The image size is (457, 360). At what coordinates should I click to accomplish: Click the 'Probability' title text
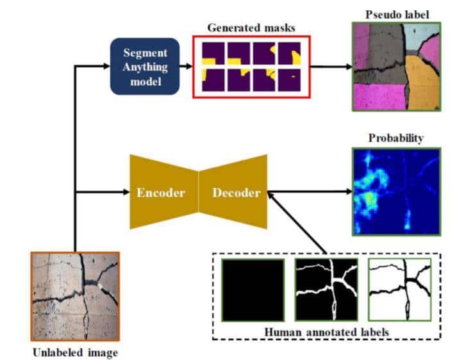[395, 138]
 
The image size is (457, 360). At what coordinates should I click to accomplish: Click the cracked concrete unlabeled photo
[76, 295]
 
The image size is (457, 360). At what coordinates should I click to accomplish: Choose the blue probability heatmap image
[395, 191]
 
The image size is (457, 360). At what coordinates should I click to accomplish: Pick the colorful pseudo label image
[395, 66]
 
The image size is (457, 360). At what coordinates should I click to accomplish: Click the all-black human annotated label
[253, 289]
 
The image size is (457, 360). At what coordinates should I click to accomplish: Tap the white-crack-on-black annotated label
[325, 289]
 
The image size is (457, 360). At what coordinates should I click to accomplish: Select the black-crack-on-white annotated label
[399, 289]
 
